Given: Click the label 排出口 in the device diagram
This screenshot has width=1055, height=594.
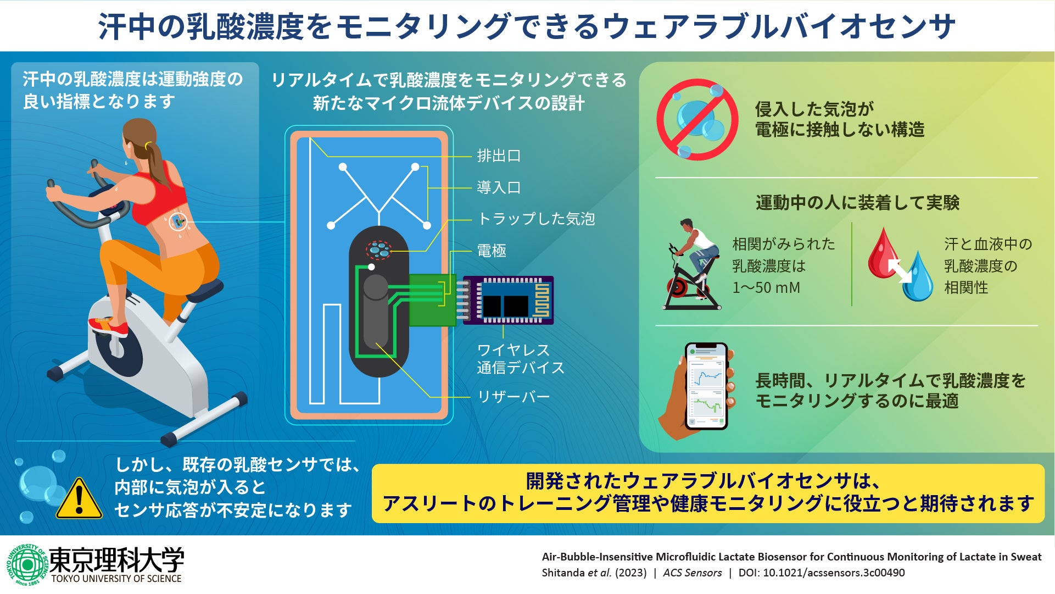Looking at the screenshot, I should pos(499,156).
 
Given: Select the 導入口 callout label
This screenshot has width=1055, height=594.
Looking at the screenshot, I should pos(499,188).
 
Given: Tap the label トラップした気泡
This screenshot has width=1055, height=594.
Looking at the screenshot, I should pos(536,219).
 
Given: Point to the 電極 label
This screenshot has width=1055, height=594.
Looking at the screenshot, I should pos(492,251).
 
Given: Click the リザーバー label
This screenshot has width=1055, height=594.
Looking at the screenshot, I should pos(513,397).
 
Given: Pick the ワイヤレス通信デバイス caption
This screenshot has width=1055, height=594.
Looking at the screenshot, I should pos(520,359).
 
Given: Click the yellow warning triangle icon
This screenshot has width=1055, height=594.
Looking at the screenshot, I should pos(79,500).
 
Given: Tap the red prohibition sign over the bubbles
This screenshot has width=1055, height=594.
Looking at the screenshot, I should pos(697,119).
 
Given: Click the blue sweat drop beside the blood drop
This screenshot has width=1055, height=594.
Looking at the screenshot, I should pos(918,277).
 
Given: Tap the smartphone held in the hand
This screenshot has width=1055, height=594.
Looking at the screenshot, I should pos(706,386).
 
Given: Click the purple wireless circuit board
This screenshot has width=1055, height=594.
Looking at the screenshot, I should pos(509,300).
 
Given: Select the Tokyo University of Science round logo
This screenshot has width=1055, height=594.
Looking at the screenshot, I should pos(27,564).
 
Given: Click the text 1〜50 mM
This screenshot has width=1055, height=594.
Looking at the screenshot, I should pos(766,287).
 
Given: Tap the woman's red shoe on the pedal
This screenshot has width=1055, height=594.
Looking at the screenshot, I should pos(109,327).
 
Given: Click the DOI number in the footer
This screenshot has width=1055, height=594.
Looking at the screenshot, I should pos(834,573).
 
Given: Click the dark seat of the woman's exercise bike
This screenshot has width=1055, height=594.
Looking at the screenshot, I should pos(205,290).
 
